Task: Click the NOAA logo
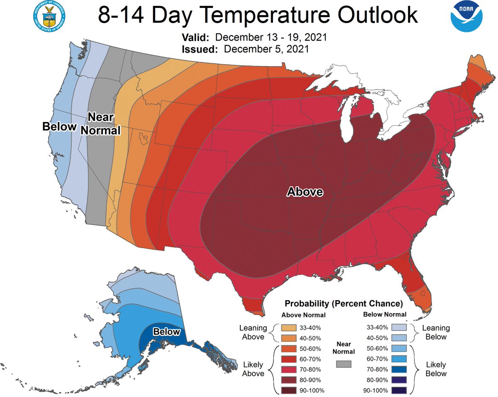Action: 467,16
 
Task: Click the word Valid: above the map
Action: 195,38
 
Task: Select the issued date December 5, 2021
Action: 266,49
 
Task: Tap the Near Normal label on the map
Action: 100,124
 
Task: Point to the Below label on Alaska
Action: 166,332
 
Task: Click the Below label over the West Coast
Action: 59,127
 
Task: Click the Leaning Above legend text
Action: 253,332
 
